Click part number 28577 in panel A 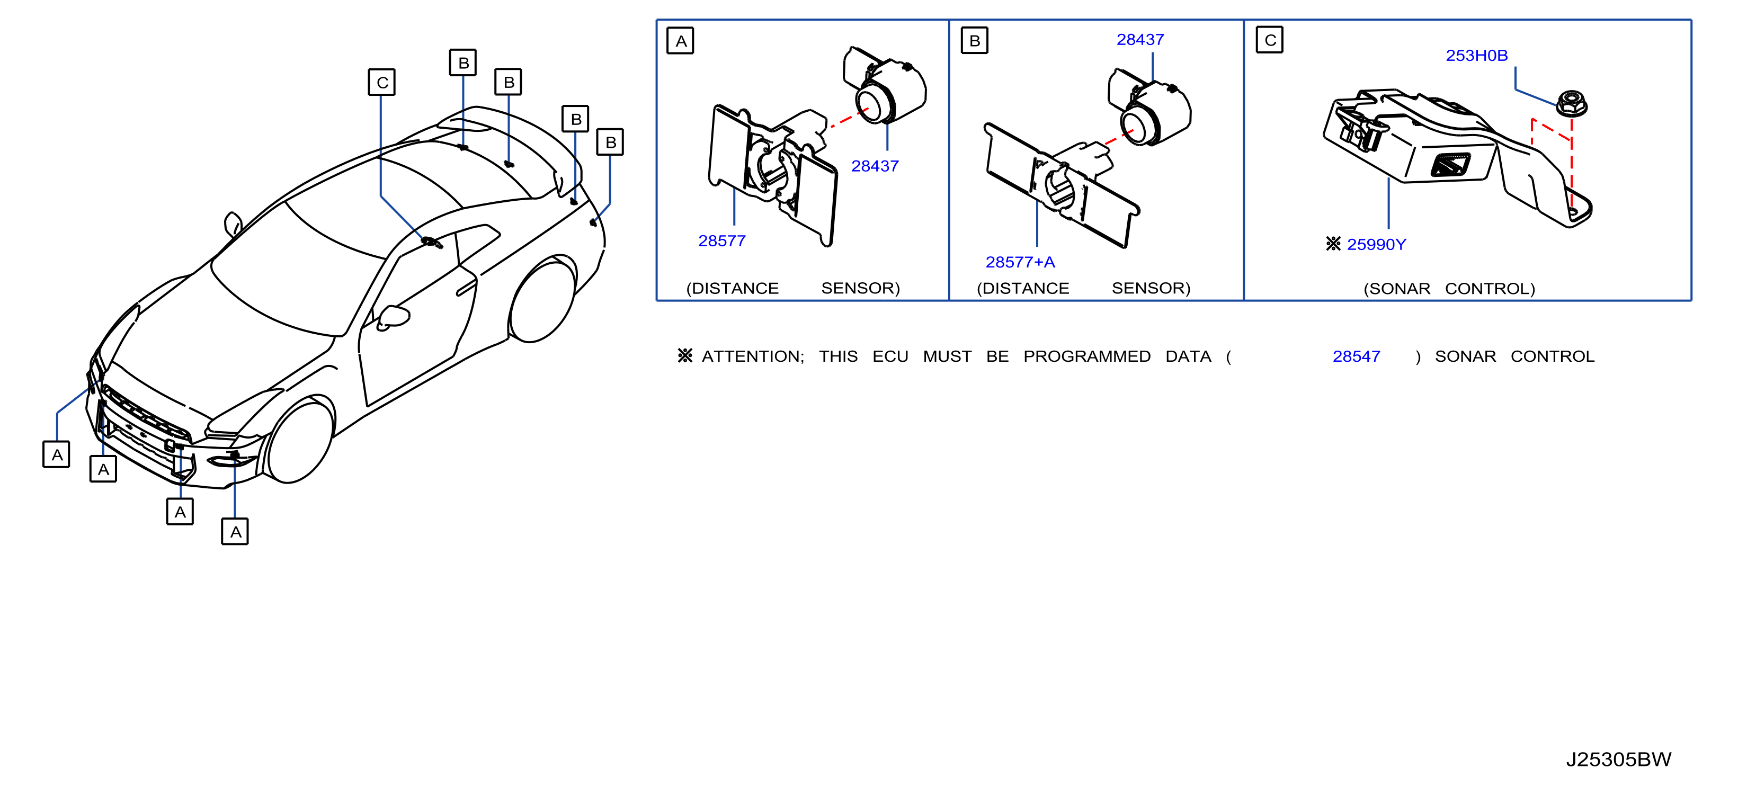tap(722, 241)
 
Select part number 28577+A tap(1020, 262)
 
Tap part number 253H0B tap(1476, 55)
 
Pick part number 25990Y tap(1376, 244)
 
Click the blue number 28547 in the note tap(1356, 356)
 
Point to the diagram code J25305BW tap(1619, 760)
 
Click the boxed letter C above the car tap(382, 82)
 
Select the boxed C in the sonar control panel tap(1270, 40)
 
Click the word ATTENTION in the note tap(753, 356)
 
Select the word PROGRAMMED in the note tap(1087, 356)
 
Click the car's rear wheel tap(542, 301)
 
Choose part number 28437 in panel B tap(1140, 40)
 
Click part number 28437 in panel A tap(875, 166)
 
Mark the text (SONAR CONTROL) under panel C tap(1449, 289)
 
